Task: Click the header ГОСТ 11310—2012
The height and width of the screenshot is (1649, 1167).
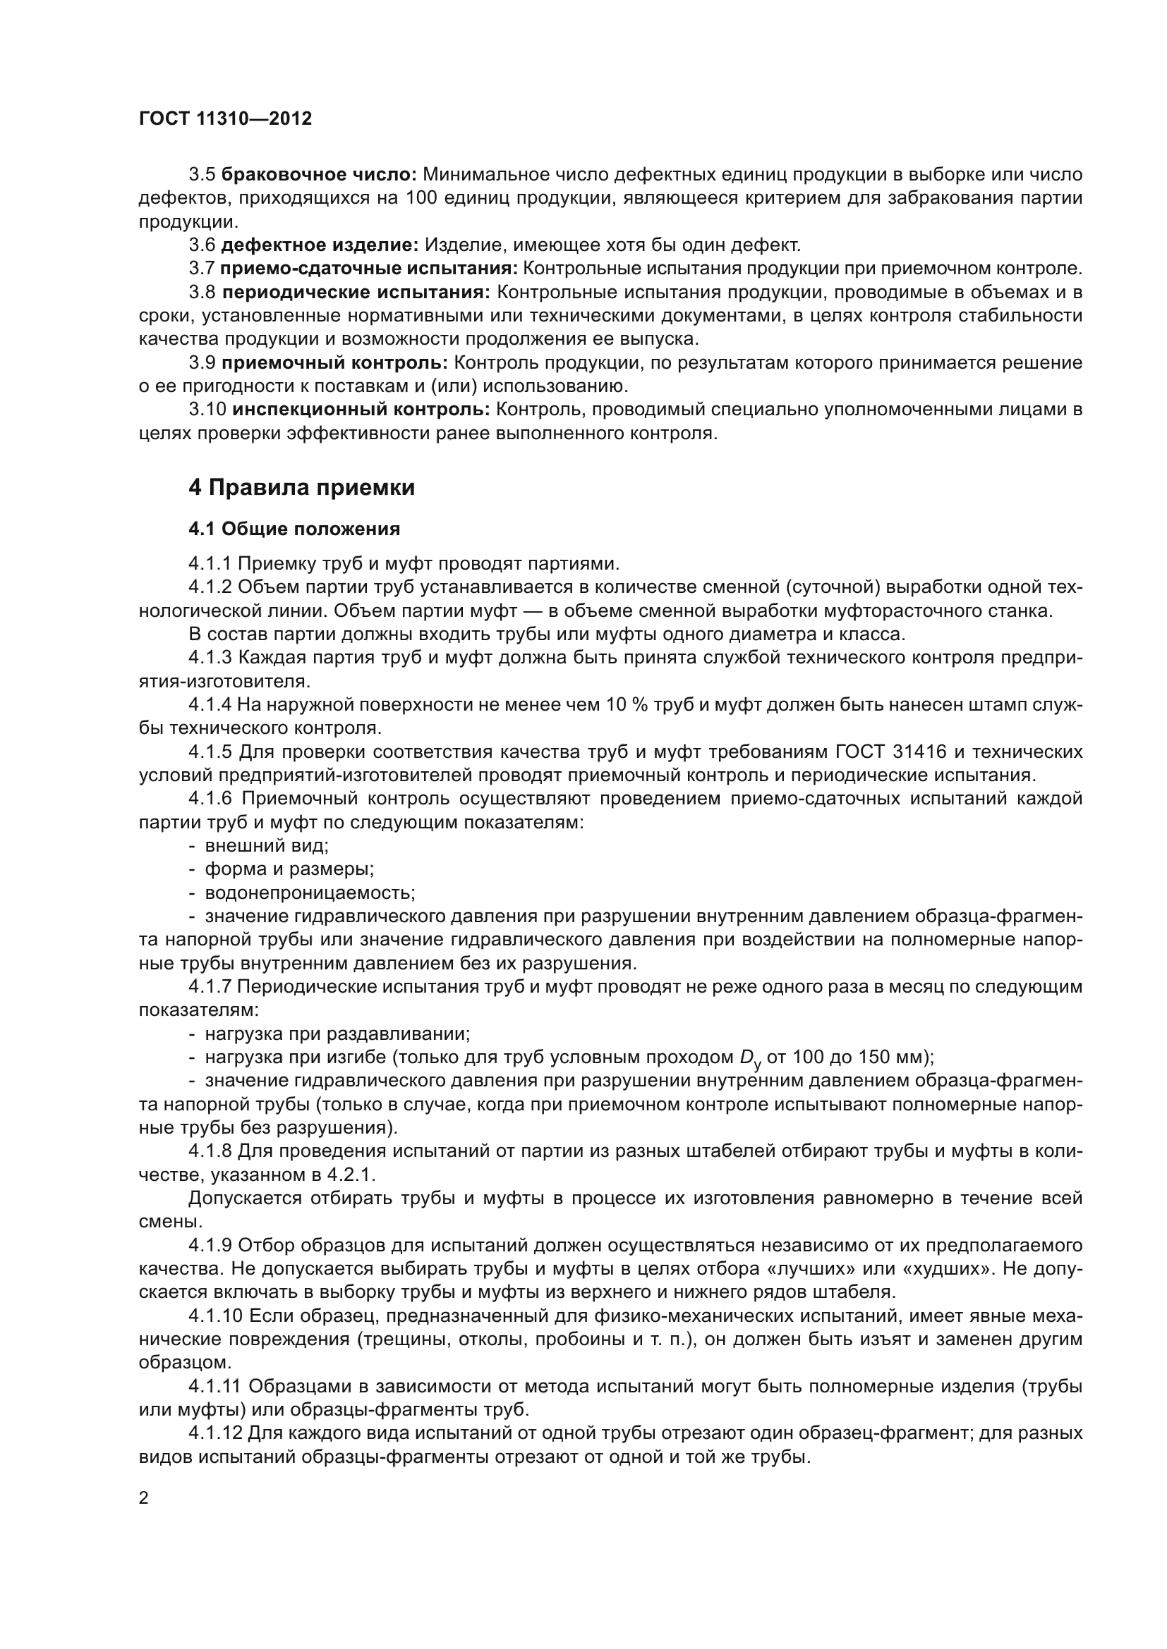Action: (225, 119)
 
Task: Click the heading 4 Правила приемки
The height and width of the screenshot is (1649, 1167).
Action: (302, 488)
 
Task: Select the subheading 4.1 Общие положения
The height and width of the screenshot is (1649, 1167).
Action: (294, 529)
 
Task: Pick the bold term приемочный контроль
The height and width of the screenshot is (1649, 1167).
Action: (335, 362)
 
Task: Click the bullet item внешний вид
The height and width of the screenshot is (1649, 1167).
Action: (267, 845)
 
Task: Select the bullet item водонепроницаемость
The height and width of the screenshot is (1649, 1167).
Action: (310, 893)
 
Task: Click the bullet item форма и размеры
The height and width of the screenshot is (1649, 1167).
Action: (289, 869)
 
